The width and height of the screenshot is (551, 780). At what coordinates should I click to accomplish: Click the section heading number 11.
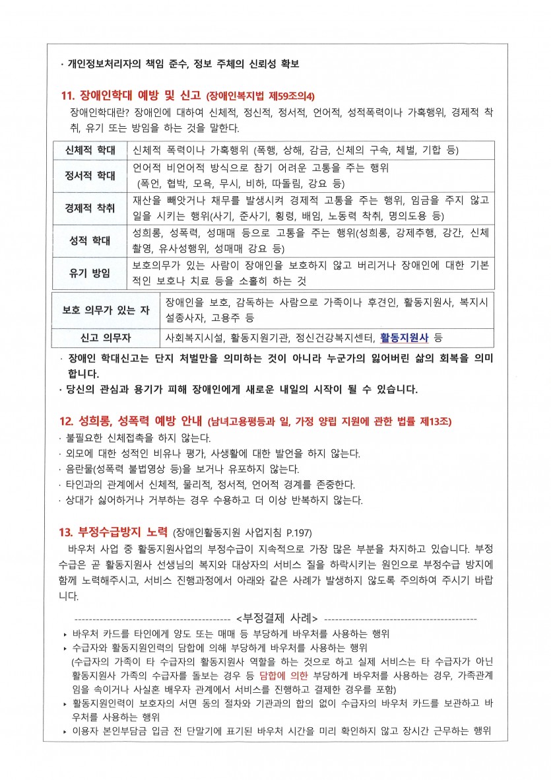(x=67, y=94)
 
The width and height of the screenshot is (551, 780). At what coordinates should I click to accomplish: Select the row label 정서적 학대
(x=90, y=176)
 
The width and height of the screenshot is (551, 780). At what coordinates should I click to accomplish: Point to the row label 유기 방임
(x=90, y=273)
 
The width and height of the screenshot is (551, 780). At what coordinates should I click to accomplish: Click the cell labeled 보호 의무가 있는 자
(x=106, y=310)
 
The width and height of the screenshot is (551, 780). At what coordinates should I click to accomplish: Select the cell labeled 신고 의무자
(x=106, y=338)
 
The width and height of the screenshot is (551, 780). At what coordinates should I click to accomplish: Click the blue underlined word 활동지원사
(x=405, y=338)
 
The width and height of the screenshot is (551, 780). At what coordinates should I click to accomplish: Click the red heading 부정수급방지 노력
(x=123, y=532)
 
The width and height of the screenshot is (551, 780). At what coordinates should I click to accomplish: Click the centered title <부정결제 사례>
(x=276, y=618)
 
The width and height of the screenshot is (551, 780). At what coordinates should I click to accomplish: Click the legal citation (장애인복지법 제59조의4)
(x=261, y=95)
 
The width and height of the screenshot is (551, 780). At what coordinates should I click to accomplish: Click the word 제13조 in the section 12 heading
(x=438, y=421)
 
